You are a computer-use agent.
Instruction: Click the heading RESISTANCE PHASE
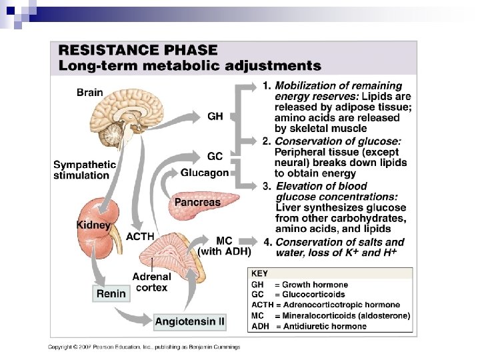(x=139, y=50)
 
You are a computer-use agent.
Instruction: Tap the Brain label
(x=89, y=93)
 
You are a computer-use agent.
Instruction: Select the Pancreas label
(x=197, y=201)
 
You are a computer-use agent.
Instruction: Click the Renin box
(x=111, y=292)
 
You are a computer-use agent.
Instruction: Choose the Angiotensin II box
(x=190, y=321)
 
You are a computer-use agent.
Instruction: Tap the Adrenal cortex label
(x=153, y=281)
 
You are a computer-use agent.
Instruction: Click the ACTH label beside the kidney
(x=140, y=237)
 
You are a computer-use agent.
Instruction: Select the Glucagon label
(x=204, y=172)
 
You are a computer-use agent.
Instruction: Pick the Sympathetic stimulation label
(x=85, y=170)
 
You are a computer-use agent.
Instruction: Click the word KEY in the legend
(x=259, y=273)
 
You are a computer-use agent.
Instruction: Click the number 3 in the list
(x=267, y=186)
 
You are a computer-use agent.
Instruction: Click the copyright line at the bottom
(x=143, y=347)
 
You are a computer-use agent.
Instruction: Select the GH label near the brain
(x=215, y=116)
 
